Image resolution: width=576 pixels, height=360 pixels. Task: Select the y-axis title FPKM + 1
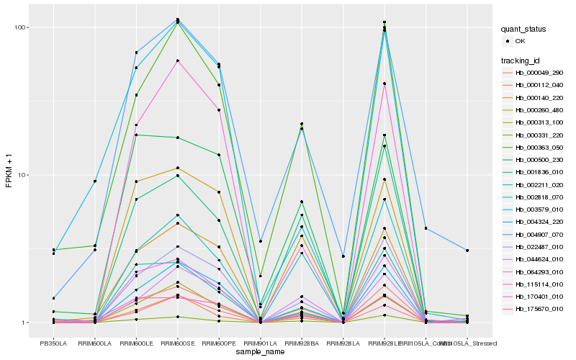tap(9, 174)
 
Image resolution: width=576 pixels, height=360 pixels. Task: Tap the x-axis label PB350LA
tap(53, 343)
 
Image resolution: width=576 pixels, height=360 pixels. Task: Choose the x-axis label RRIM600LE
tap(136, 343)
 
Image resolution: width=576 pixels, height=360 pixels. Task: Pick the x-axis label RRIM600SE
tap(177, 343)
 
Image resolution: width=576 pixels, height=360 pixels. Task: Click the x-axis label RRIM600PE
tap(218, 343)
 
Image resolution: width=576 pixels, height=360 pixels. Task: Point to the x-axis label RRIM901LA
tap(260, 343)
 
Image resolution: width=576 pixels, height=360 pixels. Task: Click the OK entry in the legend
tap(521, 41)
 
